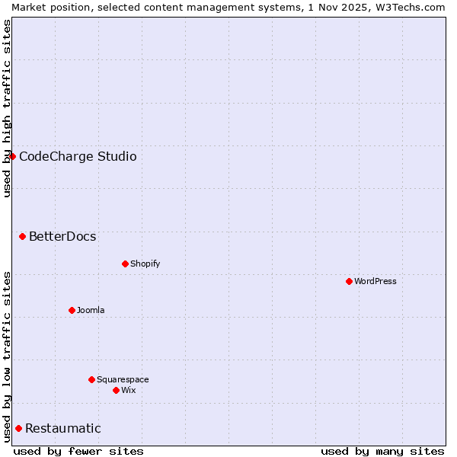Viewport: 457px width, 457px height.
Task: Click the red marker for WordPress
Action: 349,281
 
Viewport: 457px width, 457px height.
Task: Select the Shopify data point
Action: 125,264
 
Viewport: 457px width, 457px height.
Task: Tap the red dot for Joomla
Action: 72,310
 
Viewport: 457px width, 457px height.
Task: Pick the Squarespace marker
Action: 91,379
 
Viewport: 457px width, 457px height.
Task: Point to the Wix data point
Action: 116,390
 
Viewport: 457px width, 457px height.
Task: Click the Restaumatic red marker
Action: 18,428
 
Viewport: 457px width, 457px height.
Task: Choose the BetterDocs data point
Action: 22,236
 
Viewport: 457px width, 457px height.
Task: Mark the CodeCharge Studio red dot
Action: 12,156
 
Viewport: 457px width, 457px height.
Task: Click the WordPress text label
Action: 376,281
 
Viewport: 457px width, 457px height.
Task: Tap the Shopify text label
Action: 145,264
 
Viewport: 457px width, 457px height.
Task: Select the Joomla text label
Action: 91,310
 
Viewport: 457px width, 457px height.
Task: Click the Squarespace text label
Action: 123,379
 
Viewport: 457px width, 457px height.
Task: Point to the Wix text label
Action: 128,390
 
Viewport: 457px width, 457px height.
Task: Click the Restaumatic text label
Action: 62,428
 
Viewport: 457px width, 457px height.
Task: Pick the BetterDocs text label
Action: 62,236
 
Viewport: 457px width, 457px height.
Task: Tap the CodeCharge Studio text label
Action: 78,156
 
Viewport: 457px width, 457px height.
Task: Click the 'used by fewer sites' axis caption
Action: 78,451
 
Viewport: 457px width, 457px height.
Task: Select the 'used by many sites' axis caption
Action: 382,451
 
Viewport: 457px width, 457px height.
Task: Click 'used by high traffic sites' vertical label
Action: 7,108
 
